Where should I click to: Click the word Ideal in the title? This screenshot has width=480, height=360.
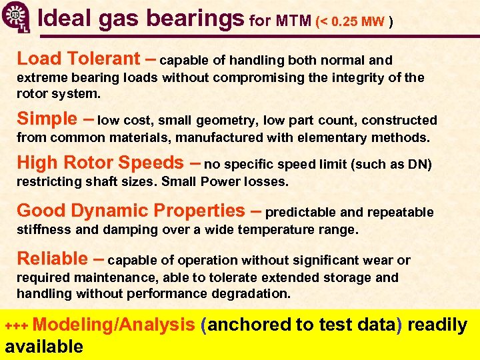coord(65,19)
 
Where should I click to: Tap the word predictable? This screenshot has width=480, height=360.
coord(301,213)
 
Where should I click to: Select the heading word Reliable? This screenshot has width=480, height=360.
coord(52,259)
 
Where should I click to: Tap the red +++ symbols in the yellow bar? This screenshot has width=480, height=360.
coord(17,326)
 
